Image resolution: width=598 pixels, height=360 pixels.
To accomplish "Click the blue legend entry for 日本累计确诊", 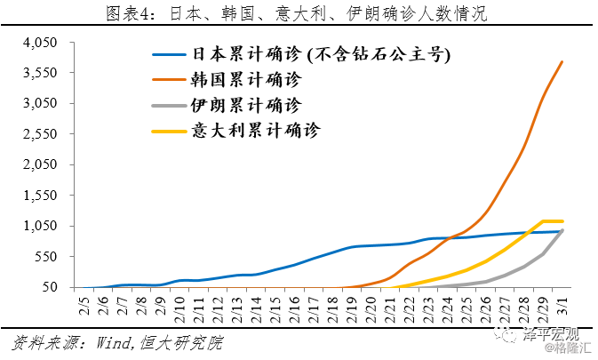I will (x=320, y=52).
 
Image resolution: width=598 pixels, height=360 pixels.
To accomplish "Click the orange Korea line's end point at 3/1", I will (x=562, y=62).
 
